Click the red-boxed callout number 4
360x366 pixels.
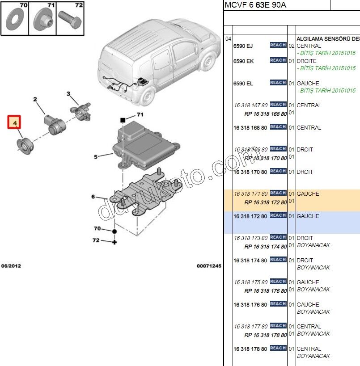pos(14,122)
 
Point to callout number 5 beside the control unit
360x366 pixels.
pos(96,157)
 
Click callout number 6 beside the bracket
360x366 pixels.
pos(93,197)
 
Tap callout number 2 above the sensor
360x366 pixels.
pos(35,99)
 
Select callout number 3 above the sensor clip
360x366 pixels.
pos(69,94)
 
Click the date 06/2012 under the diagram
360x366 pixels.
pos(11,266)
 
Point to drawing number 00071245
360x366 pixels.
pos(209,266)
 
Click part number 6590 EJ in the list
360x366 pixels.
pos(243,46)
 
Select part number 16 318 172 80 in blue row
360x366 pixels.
pos(250,216)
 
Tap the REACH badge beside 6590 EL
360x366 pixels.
pos(278,83)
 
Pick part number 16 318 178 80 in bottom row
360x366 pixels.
pos(250,349)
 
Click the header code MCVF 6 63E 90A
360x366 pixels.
pos(255,5)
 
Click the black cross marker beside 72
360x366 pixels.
pos(114,242)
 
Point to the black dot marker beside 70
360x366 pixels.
pos(114,231)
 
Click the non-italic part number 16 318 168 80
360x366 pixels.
pos(250,128)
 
